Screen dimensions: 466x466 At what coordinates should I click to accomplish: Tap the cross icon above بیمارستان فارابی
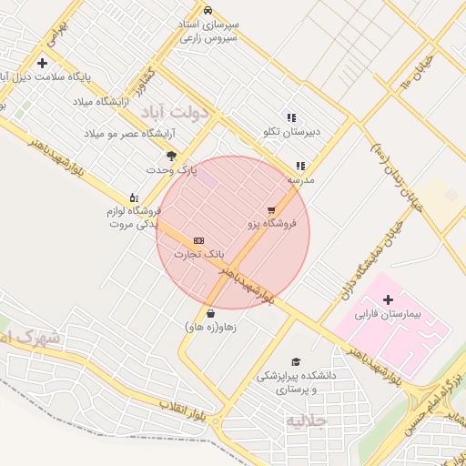click(389, 299)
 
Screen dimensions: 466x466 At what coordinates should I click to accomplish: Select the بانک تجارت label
click(198, 253)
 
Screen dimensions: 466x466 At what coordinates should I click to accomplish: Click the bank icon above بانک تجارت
click(198, 239)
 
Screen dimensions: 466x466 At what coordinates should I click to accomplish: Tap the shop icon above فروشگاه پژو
click(270, 210)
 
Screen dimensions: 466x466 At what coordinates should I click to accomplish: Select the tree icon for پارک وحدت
click(171, 156)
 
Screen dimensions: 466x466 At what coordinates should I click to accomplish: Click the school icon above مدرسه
click(299, 166)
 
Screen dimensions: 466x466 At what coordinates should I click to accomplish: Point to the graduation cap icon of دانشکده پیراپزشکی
click(294, 361)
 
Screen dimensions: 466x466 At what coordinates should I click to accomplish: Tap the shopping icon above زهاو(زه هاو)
click(211, 313)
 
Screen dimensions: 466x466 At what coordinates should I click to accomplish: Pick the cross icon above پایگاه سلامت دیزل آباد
click(42, 63)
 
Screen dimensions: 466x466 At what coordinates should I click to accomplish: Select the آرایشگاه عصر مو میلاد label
click(129, 134)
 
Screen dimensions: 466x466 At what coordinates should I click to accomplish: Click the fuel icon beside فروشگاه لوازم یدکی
click(134, 198)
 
